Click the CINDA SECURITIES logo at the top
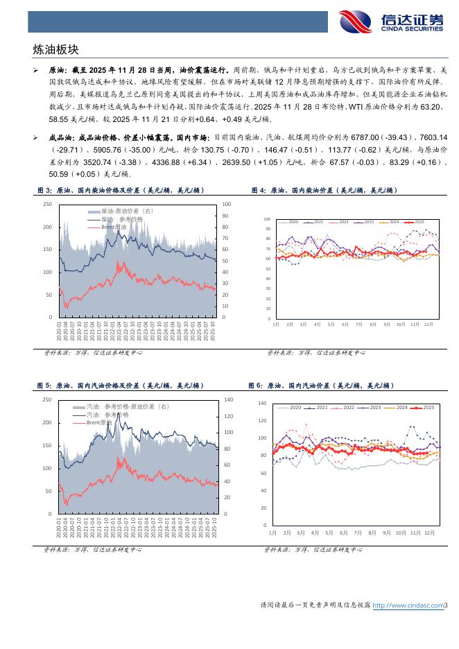tap(391, 21)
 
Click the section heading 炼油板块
tap(56, 50)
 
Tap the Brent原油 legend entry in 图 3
tap(113, 227)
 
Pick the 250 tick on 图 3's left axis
tap(47, 204)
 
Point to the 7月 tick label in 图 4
tap(358, 324)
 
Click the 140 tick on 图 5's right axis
tap(229, 400)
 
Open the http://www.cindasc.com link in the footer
tap(408, 605)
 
